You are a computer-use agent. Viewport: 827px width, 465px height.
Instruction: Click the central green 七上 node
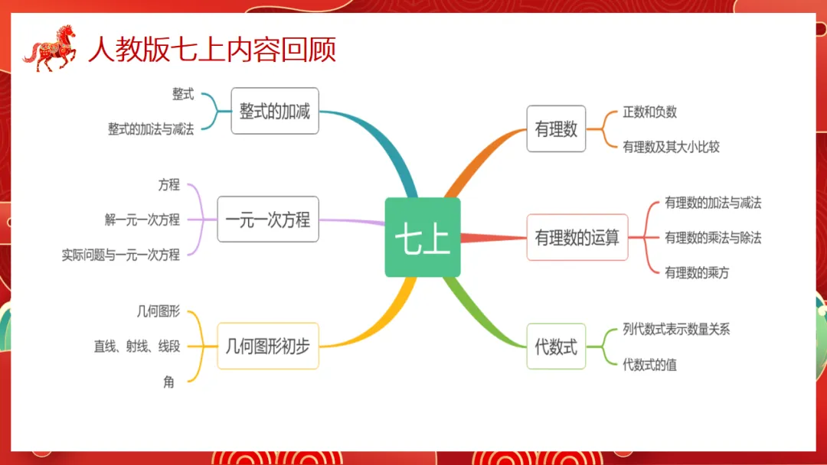pyautogui.click(x=422, y=237)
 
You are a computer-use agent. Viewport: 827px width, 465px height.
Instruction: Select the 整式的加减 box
pyautogui.click(x=274, y=111)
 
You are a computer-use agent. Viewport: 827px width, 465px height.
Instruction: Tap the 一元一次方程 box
pyautogui.click(x=267, y=219)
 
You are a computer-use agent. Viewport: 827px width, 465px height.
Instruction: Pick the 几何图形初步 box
pyautogui.click(x=267, y=346)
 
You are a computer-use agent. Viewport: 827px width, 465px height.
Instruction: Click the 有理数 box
pyautogui.click(x=556, y=128)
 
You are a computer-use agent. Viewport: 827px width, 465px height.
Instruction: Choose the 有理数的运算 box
pyautogui.click(x=577, y=237)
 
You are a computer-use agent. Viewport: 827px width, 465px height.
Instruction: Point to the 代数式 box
pyautogui.click(x=556, y=346)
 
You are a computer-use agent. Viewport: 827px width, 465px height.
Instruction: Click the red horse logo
pyautogui.click(x=51, y=48)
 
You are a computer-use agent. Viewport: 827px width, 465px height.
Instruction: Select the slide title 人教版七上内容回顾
pyautogui.click(x=212, y=50)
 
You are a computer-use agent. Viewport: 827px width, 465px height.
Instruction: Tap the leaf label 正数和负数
pyautogui.click(x=649, y=112)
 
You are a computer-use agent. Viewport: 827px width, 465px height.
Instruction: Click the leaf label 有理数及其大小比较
pyautogui.click(x=671, y=146)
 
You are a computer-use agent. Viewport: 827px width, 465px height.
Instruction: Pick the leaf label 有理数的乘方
pyautogui.click(x=697, y=272)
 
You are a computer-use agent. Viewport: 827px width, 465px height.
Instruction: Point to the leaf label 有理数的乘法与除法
pyautogui.click(x=713, y=237)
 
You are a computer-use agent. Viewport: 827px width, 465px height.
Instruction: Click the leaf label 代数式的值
pyautogui.click(x=649, y=364)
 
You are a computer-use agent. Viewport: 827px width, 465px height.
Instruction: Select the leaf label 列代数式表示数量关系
pyautogui.click(x=676, y=329)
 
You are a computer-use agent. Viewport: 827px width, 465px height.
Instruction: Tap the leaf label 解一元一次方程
pyautogui.click(x=142, y=219)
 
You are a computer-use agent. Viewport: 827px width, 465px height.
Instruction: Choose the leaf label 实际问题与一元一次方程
pyautogui.click(x=121, y=255)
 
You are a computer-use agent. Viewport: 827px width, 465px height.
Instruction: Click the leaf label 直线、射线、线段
pyautogui.click(x=137, y=346)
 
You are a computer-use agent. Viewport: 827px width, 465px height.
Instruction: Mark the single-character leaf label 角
pyautogui.click(x=168, y=381)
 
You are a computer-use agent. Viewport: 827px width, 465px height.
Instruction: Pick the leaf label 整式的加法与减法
pyautogui.click(x=151, y=129)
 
